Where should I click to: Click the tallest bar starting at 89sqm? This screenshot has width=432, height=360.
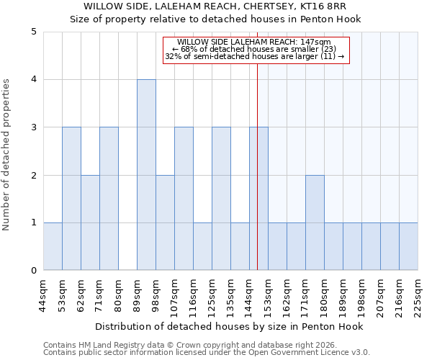pos(146,175)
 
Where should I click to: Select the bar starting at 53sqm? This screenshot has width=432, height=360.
pos(71,199)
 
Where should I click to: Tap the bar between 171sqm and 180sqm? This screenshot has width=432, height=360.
pos(315,222)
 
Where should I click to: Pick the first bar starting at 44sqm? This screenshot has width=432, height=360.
pos(53,246)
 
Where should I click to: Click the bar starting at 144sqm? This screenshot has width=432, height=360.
pos(258,199)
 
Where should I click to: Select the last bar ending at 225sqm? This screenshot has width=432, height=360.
pos(408,246)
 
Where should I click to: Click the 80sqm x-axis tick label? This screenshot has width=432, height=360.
pos(118,294)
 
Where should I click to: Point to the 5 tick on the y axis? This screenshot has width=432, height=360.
pos(34,32)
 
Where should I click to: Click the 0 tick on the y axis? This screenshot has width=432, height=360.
pos(34,271)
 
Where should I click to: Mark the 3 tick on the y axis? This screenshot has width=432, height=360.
pos(34,127)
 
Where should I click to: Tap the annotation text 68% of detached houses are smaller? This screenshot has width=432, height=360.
pos(254,49)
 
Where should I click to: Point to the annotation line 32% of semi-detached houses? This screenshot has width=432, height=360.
pos(254,56)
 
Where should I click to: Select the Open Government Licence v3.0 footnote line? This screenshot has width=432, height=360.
pos(207,352)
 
